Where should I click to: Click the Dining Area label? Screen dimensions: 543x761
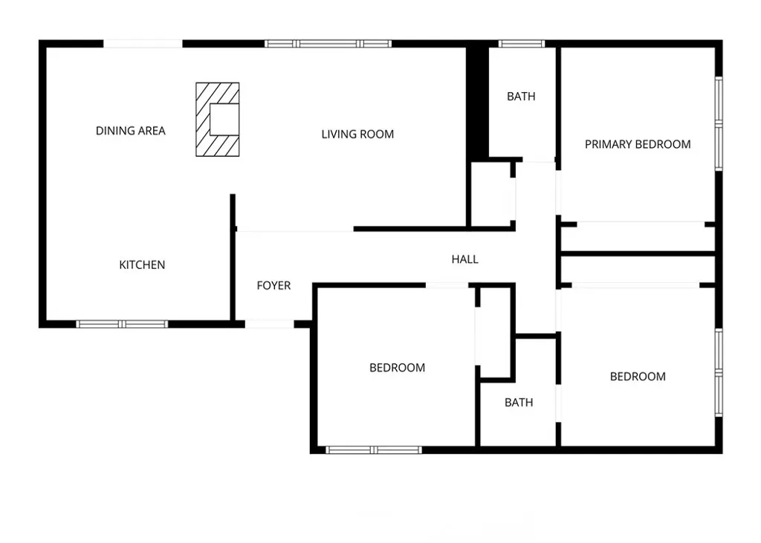(131, 131)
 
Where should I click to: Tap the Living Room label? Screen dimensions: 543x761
(357, 134)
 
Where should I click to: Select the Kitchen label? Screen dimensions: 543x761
(142, 264)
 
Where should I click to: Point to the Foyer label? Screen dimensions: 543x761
(273, 285)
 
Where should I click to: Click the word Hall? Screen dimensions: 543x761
(465, 259)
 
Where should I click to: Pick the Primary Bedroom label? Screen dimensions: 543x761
(638, 144)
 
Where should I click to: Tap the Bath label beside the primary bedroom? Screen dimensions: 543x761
(521, 97)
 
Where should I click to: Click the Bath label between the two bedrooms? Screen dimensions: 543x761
(519, 403)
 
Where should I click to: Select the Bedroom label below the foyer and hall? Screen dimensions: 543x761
(398, 368)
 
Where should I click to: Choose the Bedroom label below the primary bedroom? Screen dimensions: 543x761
(638, 377)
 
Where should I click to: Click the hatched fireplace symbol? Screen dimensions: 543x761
(218, 120)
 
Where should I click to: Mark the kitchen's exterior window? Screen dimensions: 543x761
(123, 324)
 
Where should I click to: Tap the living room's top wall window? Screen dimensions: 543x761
(328, 44)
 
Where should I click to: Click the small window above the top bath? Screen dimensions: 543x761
(521, 44)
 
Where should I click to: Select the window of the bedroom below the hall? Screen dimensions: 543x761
(374, 449)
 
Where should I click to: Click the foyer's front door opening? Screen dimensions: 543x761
(269, 324)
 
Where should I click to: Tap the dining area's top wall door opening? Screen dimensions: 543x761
(143, 44)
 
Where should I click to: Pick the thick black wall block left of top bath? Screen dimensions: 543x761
(476, 103)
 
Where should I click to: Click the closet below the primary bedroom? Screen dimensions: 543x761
(638, 238)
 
